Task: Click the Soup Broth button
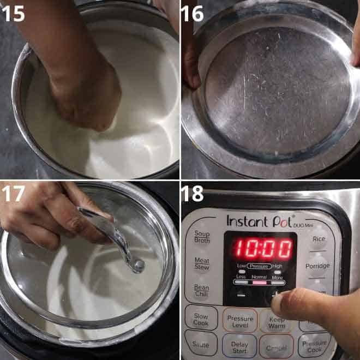pyautogui.click(x=202, y=236)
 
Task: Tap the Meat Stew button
pyautogui.click(x=202, y=264)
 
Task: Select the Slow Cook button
pyautogui.click(x=200, y=319)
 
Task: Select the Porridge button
pyautogui.click(x=317, y=266)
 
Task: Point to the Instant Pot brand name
pyautogui.click(x=255, y=221)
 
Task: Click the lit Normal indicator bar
pyautogui.click(x=260, y=284)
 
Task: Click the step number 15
pyautogui.click(x=13, y=13)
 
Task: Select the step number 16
pyautogui.click(x=193, y=13)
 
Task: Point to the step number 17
pyautogui.click(x=13, y=194)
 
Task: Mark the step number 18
pyautogui.click(x=193, y=194)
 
